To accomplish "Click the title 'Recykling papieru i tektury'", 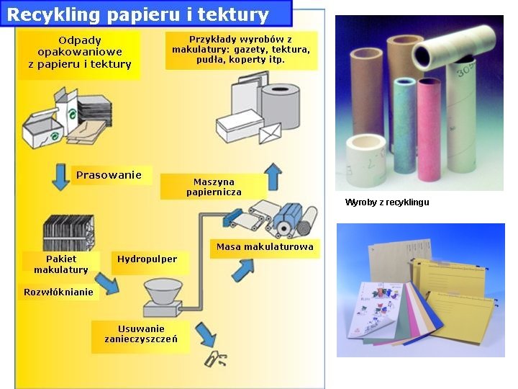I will tap(138, 14).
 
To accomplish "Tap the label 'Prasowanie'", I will tap(109, 175).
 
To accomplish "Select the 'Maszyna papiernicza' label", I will tap(214, 187).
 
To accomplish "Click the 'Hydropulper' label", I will tap(147, 259).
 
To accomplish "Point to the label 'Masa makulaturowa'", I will tap(265, 247).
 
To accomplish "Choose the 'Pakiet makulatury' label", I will tap(60, 264).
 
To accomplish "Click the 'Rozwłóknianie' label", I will tap(58, 292).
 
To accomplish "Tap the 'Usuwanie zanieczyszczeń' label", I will tap(141, 334).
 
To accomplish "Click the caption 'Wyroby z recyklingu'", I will tap(387, 202).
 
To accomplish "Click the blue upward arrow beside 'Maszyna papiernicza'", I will tap(273, 176).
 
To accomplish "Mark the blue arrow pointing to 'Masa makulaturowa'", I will tap(242, 270).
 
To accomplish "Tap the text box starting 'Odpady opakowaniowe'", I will tap(80, 52).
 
